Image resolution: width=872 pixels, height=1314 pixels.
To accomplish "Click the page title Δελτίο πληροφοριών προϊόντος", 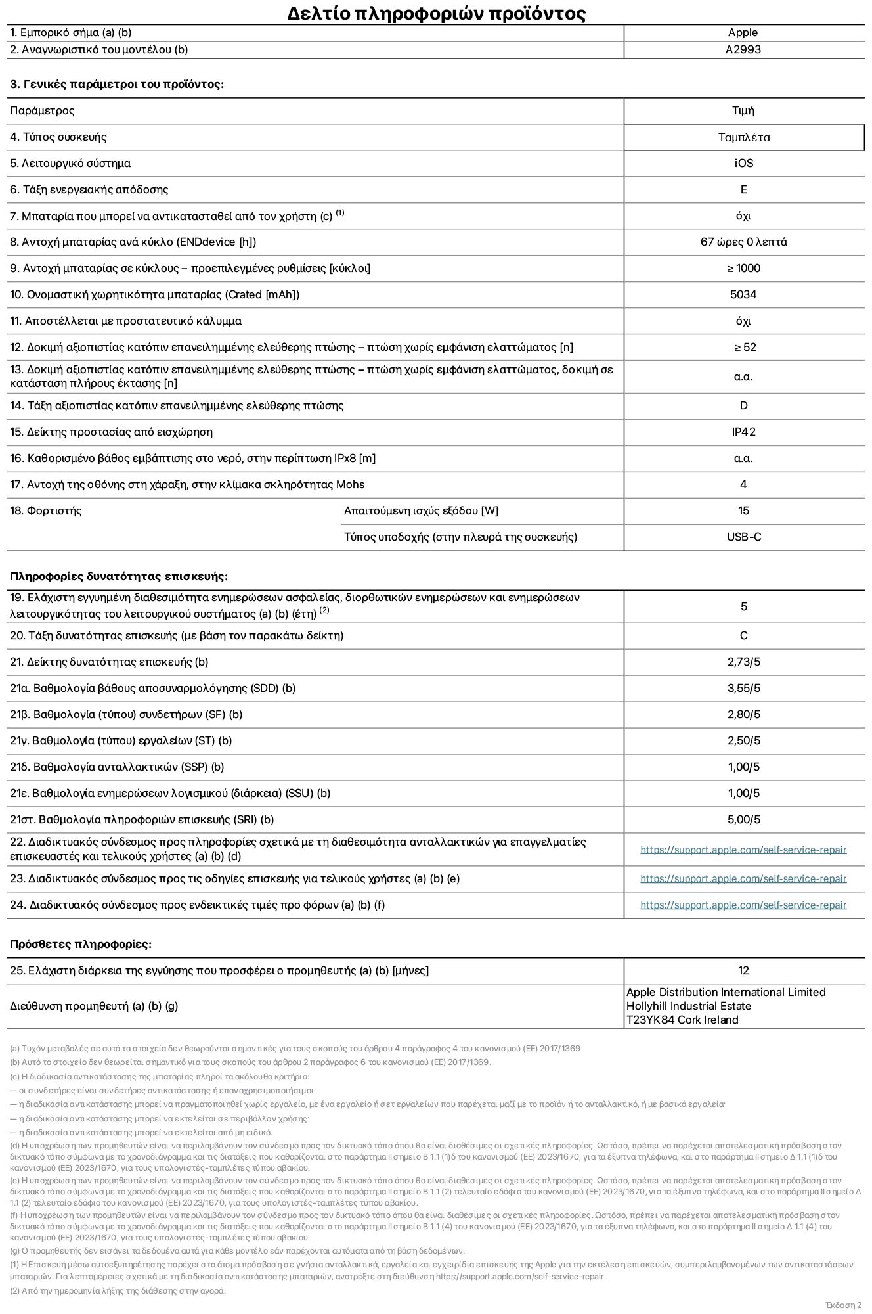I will coord(436,13).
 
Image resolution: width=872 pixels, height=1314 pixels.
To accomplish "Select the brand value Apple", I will coord(743,33).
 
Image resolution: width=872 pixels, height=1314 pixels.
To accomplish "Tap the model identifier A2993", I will coord(743,50).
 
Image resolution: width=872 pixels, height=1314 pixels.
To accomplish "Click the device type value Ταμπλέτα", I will coord(743,137).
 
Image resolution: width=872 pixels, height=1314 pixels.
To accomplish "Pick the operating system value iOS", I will coord(743,164).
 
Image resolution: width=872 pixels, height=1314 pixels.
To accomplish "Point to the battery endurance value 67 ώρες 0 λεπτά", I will coord(743,242).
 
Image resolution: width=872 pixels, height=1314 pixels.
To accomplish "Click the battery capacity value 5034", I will coord(743,295).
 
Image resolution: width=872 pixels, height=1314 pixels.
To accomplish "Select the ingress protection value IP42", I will coord(743,432).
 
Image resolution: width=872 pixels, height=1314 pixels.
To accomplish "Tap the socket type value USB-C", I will coord(743,537).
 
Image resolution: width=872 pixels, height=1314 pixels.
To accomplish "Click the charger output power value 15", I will coord(743,511).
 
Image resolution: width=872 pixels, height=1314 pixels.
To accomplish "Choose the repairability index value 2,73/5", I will coord(743,662).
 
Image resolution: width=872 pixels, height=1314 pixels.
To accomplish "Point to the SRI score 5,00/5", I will coord(743,820).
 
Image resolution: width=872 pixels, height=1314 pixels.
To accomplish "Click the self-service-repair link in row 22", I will coord(743,850).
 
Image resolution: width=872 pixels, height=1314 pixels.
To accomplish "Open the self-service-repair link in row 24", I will coord(743,905).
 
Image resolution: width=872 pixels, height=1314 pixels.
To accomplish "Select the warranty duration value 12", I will coord(743,971).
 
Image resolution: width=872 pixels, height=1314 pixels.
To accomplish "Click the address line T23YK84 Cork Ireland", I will coord(682,1020).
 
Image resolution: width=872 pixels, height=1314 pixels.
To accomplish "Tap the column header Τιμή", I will coord(743,111).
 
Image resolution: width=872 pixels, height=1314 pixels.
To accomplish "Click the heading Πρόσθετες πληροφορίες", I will coord(81,945).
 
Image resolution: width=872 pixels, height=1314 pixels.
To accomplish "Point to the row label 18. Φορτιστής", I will coord(46,511).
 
